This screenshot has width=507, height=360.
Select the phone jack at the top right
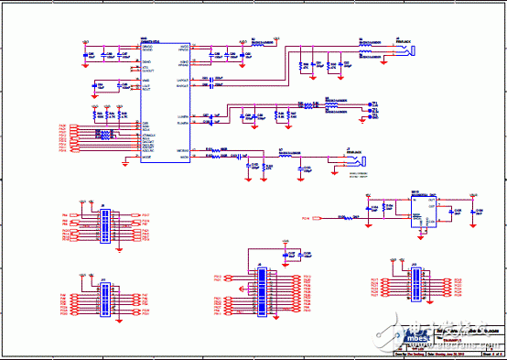click(x=414, y=49)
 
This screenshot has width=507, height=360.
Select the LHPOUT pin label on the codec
click(x=182, y=80)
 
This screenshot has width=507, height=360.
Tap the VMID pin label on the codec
click(x=146, y=81)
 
